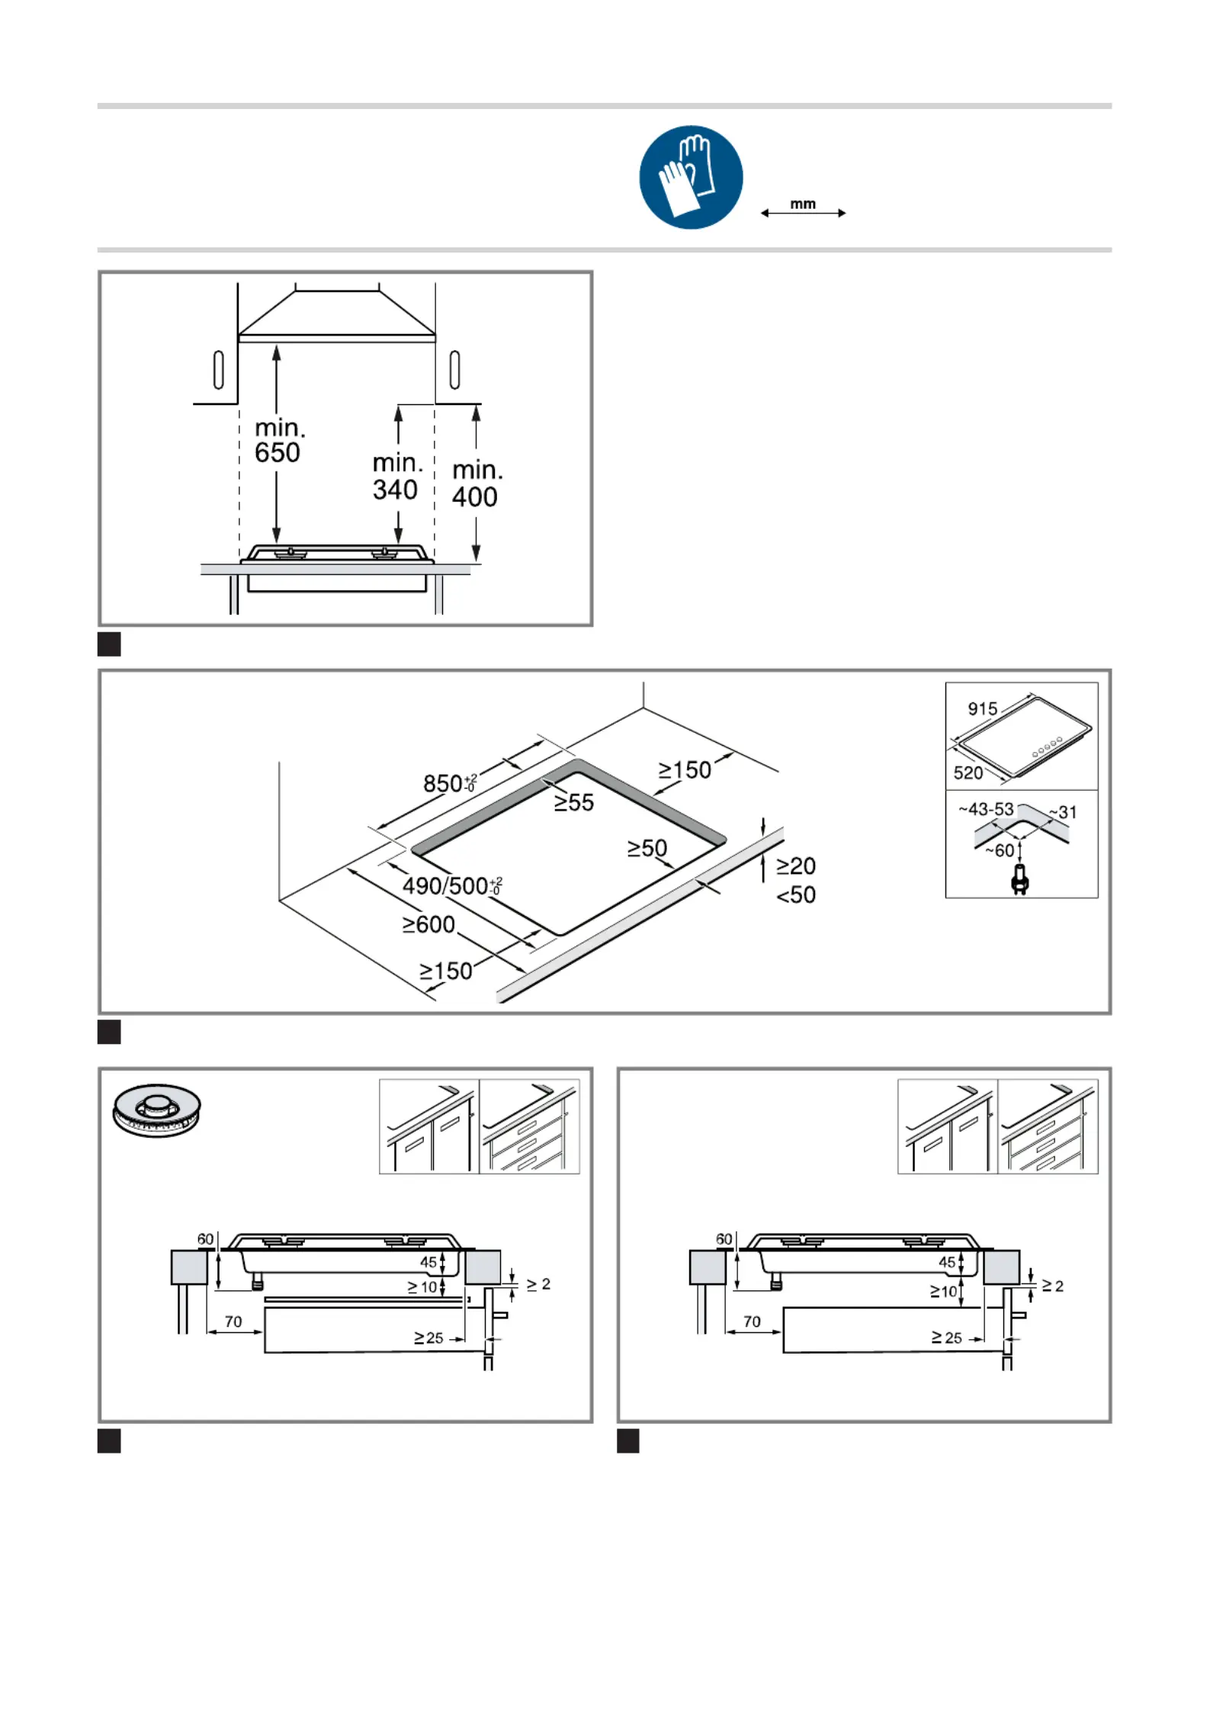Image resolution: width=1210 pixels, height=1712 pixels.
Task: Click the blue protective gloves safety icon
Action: click(x=691, y=177)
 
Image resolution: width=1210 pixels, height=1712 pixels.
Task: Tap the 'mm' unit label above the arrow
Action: click(x=803, y=204)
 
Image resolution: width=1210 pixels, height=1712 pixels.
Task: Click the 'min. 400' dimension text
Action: click(x=477, y=483)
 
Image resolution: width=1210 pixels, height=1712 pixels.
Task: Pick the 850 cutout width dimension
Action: click(x=450, y=782)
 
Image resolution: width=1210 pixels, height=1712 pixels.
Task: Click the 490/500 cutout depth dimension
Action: click(x=452, y=885)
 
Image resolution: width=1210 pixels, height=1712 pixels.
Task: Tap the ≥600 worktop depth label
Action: click(x=428, y=924)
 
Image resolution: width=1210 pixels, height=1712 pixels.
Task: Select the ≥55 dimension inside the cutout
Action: click(x=573, y=802)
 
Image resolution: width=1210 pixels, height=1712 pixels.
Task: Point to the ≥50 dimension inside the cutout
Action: click(x=647, y=848)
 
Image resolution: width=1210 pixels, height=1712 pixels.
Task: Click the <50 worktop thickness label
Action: click(x=796, y=895)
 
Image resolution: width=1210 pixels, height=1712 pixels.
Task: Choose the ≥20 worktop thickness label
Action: click(x=796, y=866)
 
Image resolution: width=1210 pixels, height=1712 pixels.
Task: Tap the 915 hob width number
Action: click(x=983, y=708)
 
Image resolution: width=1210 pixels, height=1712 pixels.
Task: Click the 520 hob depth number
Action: click(x=968, y=772)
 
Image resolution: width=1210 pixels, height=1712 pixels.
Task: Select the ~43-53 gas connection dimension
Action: click(x=987, y=808)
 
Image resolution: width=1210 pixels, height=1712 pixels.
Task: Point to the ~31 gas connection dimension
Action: click(x=1063, y=812)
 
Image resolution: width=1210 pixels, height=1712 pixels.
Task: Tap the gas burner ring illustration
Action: click(x=156, y=1110)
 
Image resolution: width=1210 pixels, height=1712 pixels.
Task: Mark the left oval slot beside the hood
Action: click(x=219, y=370)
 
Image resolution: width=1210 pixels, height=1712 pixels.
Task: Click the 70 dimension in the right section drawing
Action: click(x=752, y=1321)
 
